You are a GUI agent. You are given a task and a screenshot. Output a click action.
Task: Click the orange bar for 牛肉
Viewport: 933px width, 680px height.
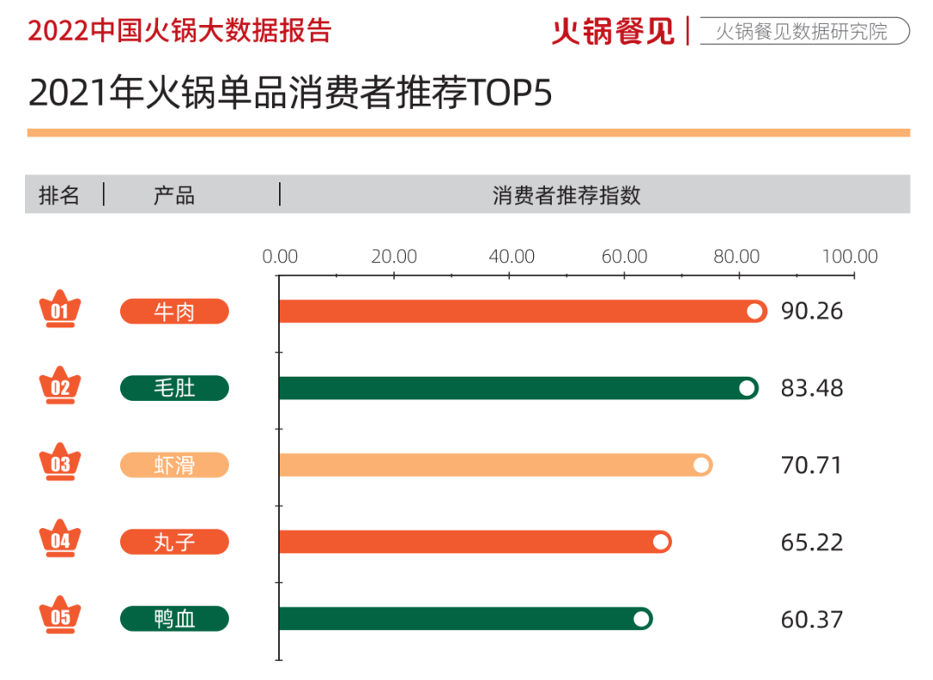pyautogui.click(x=518, y=311)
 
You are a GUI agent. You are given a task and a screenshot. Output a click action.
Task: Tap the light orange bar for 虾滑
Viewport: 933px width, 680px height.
pyautogui.click(x=492, y=465)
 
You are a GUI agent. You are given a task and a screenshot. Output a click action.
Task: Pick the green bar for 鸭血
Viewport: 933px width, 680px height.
pyautogui.click(x=462, y=619)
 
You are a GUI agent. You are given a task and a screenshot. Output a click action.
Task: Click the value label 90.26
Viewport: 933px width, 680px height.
pyautogui.click(x=811, y=311)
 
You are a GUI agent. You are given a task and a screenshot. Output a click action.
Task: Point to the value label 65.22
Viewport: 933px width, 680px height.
pyautogui.click(x=811, y=542)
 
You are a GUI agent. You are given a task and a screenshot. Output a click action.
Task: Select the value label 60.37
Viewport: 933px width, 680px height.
pyautogui.click(x=811, y=619)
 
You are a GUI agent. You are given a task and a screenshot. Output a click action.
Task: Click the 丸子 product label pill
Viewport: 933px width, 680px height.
pyautogui.click(x=175, y=542)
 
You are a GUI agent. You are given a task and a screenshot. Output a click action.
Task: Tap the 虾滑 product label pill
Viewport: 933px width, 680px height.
pyautogui.click(x=175, y=465)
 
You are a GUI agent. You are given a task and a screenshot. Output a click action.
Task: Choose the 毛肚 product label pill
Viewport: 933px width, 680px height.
pyautogui.click(x=175, y=388)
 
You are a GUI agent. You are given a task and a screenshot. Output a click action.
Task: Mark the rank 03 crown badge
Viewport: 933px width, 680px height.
pyautogui.click(x=60, y=464)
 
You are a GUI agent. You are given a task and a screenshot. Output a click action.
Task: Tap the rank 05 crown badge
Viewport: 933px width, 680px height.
pyautogui.click(x=60, y=617)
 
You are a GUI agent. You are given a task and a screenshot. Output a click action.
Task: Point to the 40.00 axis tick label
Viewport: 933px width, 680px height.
pyautogui.click(x=511, y=257)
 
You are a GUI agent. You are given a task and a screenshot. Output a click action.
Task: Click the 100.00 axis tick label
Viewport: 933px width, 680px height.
pyautogui.click(x=850, y=257)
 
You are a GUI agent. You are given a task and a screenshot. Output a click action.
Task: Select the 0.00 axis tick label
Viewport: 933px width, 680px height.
pyautogui.click(x=280, y=257)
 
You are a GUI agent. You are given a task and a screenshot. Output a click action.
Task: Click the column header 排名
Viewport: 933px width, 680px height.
pyautogui.click(x=59, y=194)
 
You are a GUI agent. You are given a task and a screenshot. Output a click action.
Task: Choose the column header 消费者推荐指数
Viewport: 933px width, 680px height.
pyautogui.click(x=567, y=194)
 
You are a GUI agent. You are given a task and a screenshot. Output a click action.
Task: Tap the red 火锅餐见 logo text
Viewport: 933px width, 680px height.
pyautogui.click(x=613, y=31)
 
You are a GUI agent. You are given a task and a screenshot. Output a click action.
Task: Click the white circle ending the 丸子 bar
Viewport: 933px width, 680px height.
pyautogui.click(x=661, y=542)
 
